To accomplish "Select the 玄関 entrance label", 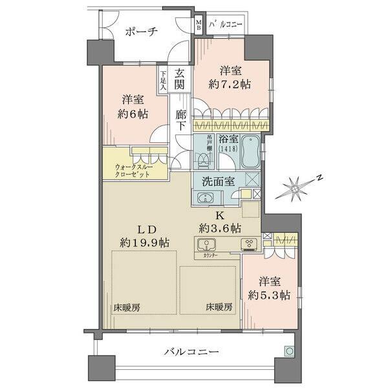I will [x=180, y=78].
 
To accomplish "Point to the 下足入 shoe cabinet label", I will [x=164, y=80].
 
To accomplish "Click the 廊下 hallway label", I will [x=180, y=118].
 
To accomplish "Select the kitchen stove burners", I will [x=249, y=245].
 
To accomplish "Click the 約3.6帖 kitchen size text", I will [x=220, y=228].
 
